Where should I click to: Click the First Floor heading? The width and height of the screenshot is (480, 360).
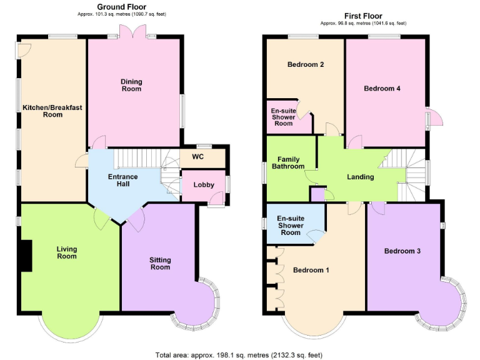pos(363,16)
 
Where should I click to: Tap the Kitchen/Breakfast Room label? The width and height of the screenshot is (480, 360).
pos(52,111)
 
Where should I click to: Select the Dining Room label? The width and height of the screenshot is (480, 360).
pos(132,85)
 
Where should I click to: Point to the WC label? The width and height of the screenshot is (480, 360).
pos(198,156)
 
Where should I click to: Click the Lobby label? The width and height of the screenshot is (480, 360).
pos(203,185)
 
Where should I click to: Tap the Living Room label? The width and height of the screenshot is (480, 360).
pos(67,252)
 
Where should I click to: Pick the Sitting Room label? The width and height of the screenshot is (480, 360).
pos(160,263)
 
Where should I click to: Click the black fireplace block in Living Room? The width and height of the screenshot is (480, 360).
pos(26,256)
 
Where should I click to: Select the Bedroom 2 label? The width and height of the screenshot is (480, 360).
pos(305,65)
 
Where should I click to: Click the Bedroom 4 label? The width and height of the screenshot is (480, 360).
pos(382,89)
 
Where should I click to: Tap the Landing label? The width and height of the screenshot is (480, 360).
pos(360,177)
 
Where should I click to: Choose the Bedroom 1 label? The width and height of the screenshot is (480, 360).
pos(311,270)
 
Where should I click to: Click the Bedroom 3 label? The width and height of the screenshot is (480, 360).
pos(402,251)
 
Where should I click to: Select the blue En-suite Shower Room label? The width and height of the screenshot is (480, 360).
pos(290,225)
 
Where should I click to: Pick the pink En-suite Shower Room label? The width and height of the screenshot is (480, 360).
pos(282,117)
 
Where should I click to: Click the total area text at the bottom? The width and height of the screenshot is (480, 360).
pos(239,354)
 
